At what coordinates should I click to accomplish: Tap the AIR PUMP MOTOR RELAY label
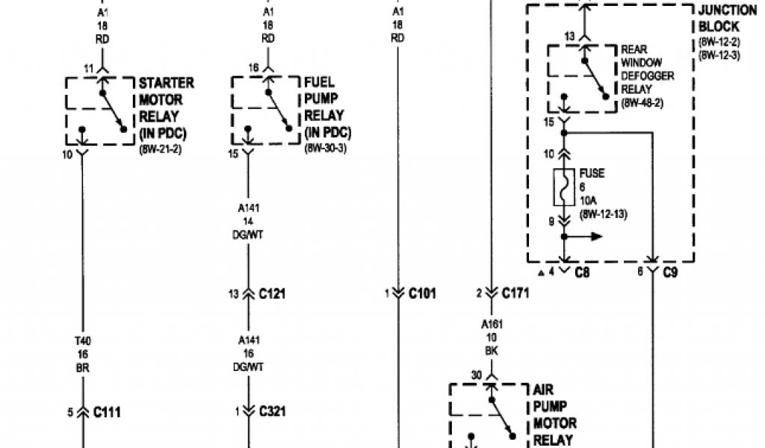[553, 415]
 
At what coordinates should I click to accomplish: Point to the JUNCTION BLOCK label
[719, 19]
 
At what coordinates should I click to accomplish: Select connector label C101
[422, 293]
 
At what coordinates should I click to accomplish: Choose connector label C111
[107, 411]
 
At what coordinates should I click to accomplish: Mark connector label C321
[273, 411]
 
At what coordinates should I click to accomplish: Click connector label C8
[583, 273]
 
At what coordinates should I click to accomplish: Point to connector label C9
[670, 273]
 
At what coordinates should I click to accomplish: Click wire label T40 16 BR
[82, 355]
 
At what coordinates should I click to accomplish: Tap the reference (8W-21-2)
[161, 149]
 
